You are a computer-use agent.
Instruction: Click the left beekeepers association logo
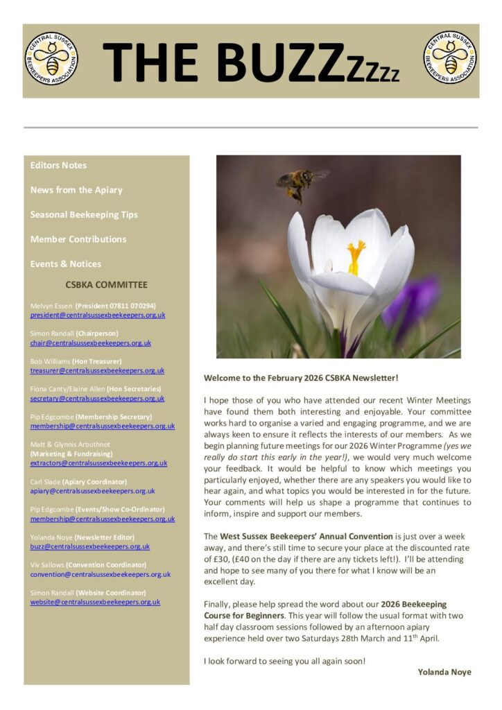[52, 59]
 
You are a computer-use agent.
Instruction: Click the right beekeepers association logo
[450, 59]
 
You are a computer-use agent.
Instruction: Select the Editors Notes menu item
[58, 165]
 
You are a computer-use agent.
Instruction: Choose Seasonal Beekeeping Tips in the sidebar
[84, 214]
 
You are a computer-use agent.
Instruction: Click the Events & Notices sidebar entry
[66, 263]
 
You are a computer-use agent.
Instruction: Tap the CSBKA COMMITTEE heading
[106, 284]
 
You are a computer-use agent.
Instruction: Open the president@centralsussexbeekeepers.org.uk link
[98, 315]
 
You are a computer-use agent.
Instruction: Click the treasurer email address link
[97, 371]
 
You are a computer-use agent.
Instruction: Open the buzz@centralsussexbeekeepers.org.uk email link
[90, 546]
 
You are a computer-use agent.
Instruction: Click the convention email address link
[101, 574]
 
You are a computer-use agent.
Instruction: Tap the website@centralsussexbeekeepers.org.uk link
[95, 602]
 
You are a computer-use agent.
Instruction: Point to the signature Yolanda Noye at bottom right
[444, 671]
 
